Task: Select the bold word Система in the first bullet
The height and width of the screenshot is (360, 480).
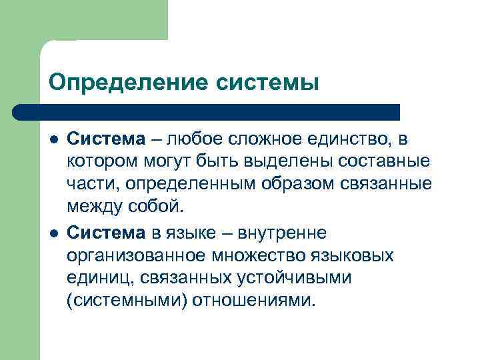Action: pyautogui.click(x=106, y=139)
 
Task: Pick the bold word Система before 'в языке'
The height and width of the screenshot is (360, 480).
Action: pyautogui.click(x=106, y=233)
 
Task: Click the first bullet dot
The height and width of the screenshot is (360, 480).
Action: pyautogui.click(x=54, y=140)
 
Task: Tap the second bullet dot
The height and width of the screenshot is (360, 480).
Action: pyautogui.click(x=54, y=233)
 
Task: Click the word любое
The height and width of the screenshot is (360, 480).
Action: pyautogui.click(x=195, y=139)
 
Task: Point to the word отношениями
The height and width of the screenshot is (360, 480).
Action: pyautogui.click(x=251, y=301)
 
